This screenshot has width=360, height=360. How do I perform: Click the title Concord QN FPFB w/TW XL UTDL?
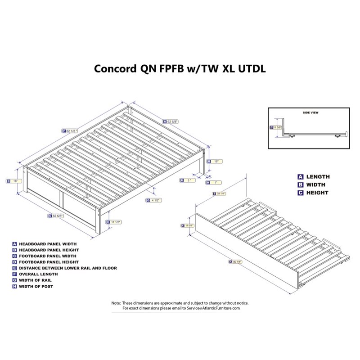(x=180, y=68)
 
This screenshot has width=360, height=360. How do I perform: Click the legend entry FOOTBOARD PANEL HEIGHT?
(x=49, y=262)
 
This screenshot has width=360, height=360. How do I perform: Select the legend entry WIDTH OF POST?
(x=36, y=286)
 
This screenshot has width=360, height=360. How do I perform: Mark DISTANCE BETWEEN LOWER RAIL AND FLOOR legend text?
(x=67, y=268)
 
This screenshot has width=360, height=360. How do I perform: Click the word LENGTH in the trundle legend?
(x=318, y=177)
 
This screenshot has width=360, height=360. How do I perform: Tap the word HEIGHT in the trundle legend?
(x=317, y=193)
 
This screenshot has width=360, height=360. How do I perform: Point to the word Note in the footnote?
(x=116, y=303)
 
